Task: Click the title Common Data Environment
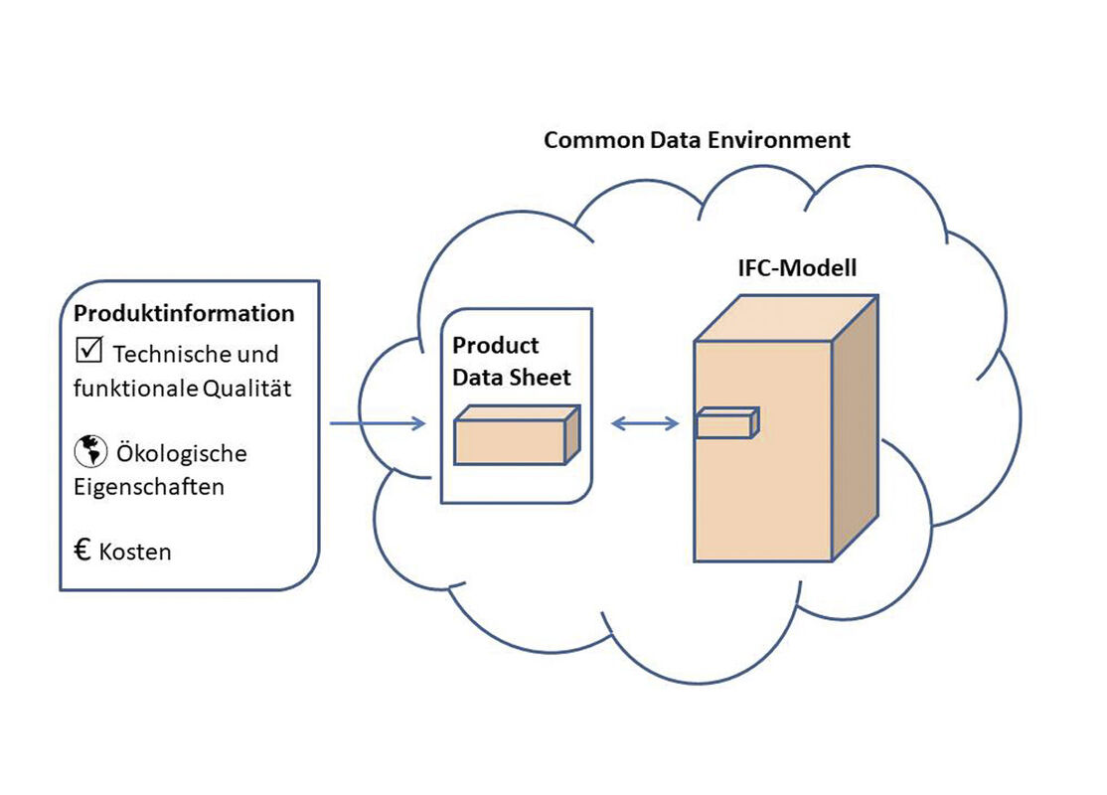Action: coord(697,139)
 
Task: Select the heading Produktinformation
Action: coord(184,313)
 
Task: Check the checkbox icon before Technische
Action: coord(88,350)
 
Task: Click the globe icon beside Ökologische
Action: coord(89,452)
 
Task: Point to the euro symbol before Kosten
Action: coord(83,550)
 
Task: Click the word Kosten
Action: coord(135,552)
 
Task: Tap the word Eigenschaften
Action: coord(148,488)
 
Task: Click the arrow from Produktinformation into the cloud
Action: coord(377,424)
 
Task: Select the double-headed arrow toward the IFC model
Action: coord(645,424)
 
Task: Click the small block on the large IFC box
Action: coord(726,423)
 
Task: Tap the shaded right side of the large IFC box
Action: coord(855,427)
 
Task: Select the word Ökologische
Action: coord(182,454)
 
